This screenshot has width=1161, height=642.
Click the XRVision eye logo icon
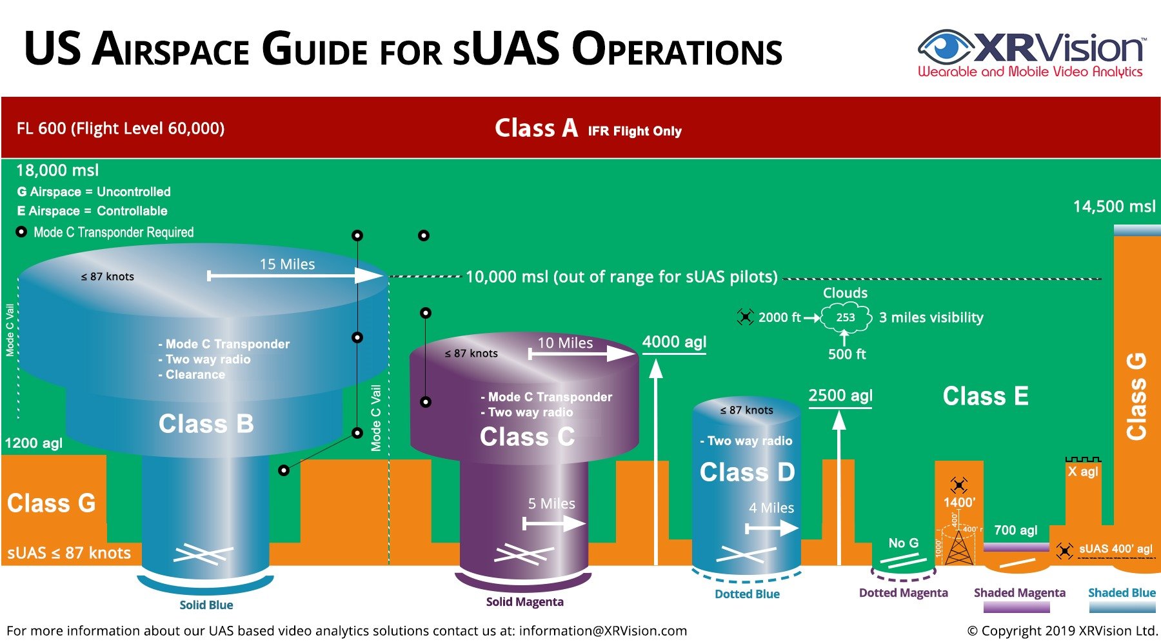click(x=944, y=47)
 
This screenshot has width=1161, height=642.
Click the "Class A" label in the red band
click(x=536, y=128)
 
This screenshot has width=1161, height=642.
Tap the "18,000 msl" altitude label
click(x=57, y=170)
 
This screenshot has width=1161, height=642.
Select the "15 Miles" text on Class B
click(x=287, y=265)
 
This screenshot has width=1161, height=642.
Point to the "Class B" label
click(x=206, y=424)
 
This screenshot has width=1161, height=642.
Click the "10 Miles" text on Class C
click(x=565, y=343)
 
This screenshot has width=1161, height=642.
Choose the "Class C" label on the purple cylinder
click(x=527, y=437)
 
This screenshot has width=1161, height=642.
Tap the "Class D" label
click(x=747, y=472)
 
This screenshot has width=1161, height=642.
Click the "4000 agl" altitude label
click(x=674, y=342)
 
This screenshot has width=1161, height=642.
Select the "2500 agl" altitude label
click(x=840, y=396)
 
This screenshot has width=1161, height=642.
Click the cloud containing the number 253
click(x=846, y=317)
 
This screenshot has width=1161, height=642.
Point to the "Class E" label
click(x=986, y=396)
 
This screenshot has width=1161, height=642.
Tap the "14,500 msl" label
click(x=1114, y=206)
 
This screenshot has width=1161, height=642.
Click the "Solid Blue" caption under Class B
click(x=206, y=605)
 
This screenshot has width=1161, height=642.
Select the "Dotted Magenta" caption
click(x=903, y=593)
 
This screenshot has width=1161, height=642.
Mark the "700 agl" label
click(x=1015, y=530)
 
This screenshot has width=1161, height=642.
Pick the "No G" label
click(x=903, y=543)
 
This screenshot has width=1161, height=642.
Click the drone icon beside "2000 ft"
click(x=745, y=317)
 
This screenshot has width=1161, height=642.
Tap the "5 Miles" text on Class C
click(x=551, y=504)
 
